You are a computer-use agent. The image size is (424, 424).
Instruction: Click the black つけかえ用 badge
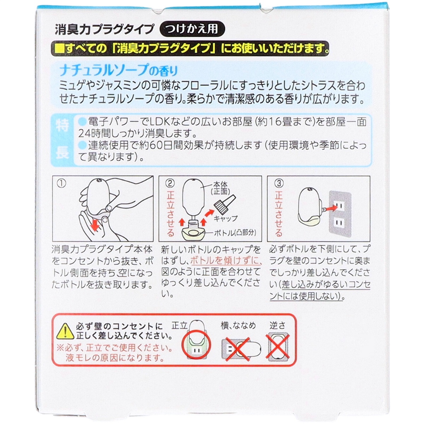point(192,29)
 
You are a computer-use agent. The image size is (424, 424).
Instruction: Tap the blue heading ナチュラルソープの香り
point(118,70)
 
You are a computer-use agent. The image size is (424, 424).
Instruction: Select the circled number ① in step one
point(61,184)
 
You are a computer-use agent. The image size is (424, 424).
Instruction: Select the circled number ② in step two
point(170,183)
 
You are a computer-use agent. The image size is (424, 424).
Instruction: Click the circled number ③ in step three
point(279,183)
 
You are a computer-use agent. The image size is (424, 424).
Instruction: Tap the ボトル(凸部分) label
point(235,233)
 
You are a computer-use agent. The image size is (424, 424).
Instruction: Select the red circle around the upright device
point(196,344)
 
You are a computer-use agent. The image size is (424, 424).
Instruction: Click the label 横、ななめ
point(238,326)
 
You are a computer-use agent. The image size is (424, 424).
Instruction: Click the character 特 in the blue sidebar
point(62,125)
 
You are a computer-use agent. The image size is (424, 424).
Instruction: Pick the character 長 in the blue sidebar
point(62,153)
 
